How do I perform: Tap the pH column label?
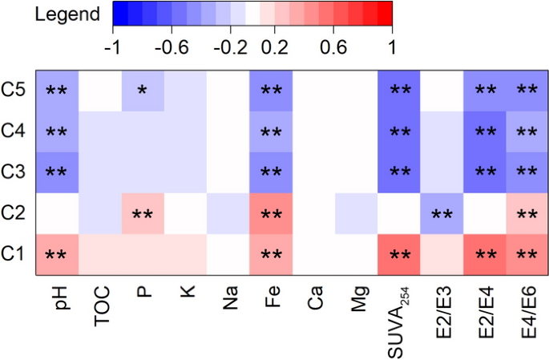[56, 298]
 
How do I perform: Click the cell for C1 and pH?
[56, 255]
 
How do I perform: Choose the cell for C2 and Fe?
[270, 213]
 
